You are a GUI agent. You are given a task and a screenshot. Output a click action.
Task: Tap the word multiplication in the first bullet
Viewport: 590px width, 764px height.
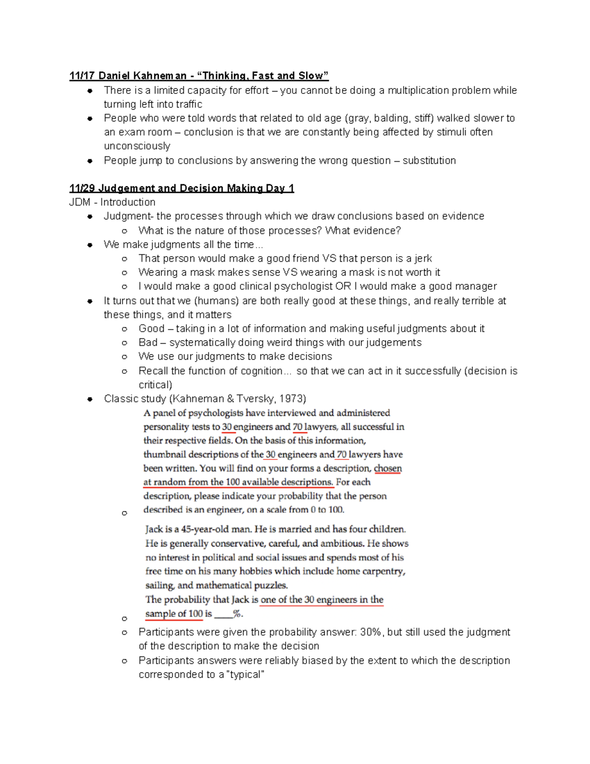[x=418, y=91]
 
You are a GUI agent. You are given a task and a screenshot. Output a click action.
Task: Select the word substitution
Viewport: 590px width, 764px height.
[x=429, y=160]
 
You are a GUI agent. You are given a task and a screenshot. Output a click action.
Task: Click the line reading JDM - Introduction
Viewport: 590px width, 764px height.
[x=112, y=202]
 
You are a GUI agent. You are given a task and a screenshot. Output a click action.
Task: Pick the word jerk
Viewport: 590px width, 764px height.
[x=423, y=258]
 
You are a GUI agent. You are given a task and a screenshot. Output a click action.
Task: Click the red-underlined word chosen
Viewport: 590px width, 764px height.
[x=387, y=468]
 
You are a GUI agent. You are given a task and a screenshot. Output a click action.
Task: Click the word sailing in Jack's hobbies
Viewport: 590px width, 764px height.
[x=159, y=585]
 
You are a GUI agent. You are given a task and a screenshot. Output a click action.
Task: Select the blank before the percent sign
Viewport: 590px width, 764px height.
[x=223, y=614]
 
